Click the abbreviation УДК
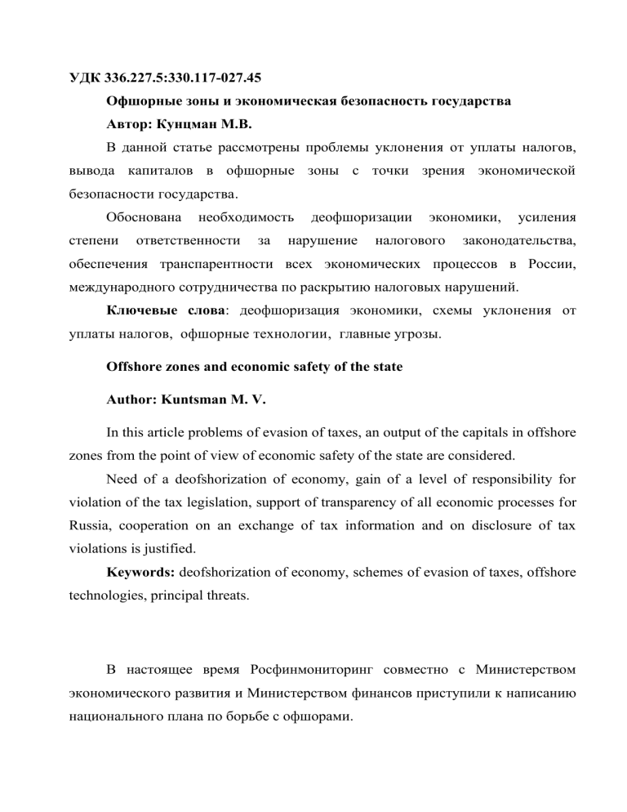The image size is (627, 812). [x=84, y=80]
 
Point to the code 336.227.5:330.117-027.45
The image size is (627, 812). [x=187, y=80]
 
